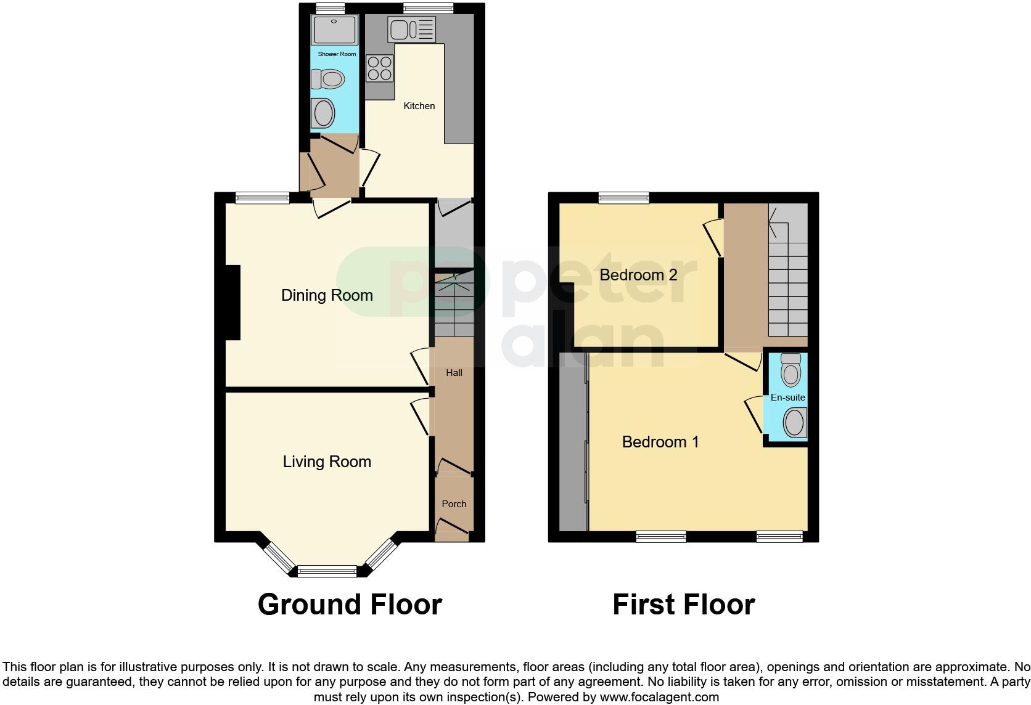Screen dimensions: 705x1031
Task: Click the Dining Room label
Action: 327,295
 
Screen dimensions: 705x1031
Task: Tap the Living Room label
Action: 327,462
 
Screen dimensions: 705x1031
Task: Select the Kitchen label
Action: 419,106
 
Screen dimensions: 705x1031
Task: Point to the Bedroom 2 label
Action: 638,275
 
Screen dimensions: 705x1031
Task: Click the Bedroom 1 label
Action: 660,442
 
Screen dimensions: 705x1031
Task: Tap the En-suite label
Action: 787,397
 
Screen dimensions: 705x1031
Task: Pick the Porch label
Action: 454,504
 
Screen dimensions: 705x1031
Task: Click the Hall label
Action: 454,373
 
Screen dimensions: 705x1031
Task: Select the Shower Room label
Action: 337,54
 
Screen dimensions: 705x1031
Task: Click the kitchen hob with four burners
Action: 380,68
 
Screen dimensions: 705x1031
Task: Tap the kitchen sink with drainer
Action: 411,29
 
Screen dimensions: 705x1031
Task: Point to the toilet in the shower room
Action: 327,79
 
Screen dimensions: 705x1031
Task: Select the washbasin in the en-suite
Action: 794,423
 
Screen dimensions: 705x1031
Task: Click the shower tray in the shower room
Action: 334,30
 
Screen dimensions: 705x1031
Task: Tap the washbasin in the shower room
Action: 323,113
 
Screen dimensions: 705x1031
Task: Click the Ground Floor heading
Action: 350,605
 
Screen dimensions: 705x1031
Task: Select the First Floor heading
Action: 683,605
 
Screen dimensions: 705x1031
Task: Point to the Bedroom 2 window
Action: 623,197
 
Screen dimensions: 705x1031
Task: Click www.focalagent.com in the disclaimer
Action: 659,697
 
